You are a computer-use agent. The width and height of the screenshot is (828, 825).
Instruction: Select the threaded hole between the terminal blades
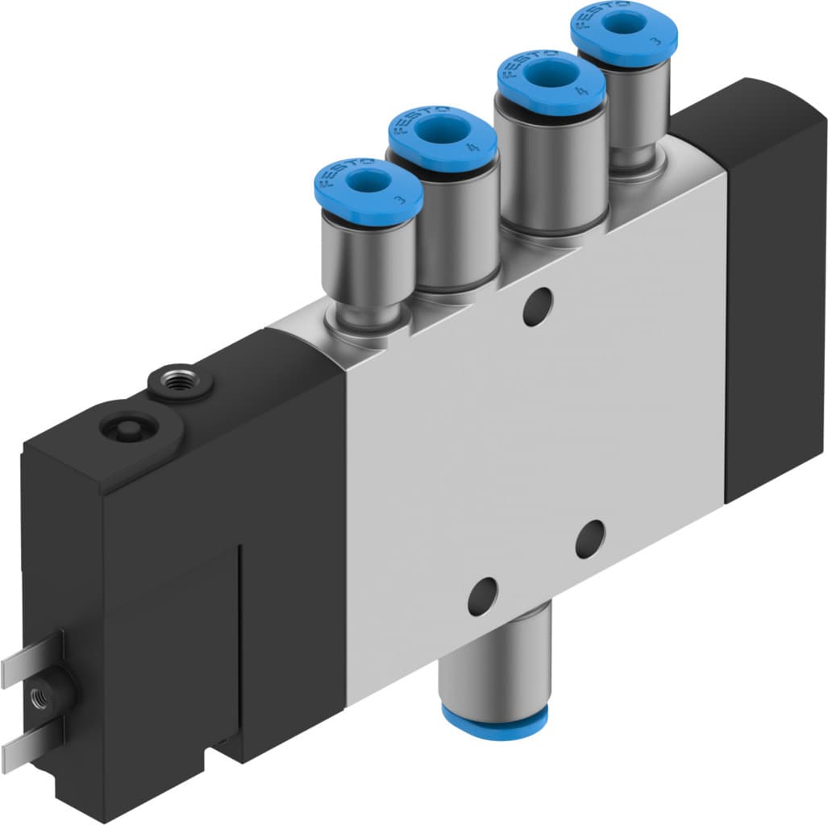click(x=39, y=694)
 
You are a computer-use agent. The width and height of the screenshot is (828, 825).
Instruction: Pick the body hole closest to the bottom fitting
click(x=482, y=597)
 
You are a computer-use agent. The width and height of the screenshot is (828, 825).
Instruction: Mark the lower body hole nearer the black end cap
click(x=589, y=538)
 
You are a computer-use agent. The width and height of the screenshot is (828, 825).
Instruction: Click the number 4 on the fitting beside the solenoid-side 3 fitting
click(x=469, y=147)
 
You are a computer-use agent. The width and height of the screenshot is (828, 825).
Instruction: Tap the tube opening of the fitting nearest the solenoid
click(x=368, y=183)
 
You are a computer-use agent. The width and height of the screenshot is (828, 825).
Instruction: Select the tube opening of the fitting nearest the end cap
click(x=624, y=22)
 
